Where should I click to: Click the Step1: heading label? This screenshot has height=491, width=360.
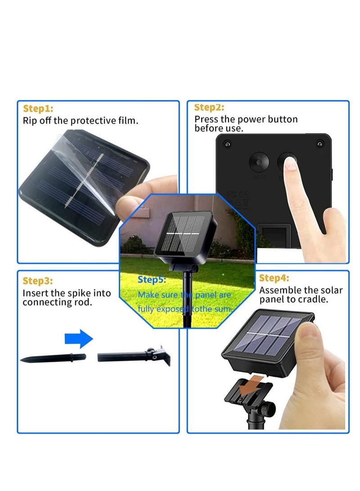38,108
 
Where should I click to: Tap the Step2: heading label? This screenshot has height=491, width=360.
209,107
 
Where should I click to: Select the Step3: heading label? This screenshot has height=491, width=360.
38,281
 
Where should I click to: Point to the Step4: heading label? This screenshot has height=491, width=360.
274,278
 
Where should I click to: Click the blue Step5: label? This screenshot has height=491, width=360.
152,279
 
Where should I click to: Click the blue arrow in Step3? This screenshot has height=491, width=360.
78,338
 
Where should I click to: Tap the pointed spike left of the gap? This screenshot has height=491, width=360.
53,359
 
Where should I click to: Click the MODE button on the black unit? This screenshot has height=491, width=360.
260,162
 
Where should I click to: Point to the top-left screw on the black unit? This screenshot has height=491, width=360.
227,144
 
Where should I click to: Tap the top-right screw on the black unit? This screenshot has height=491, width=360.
320,144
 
